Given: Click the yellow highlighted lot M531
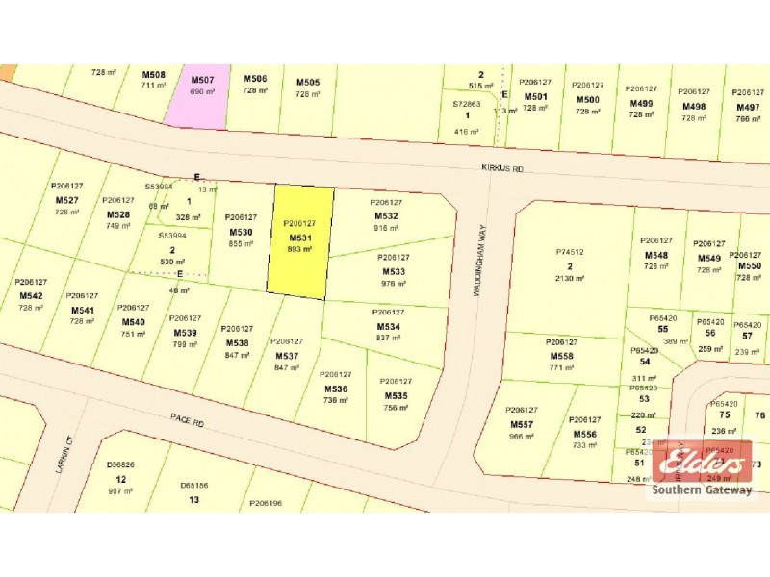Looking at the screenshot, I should [x=300, y=240].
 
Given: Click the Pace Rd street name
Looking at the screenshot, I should [x=188, y=420].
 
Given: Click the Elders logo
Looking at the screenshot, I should [x=704, y=466].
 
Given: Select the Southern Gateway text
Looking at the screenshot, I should [x=704, y=490].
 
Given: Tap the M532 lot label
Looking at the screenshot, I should [x=386, y=216].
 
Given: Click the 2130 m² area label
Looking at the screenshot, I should [x=570, y=278].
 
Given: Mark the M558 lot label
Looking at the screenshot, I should [x=562, y=356].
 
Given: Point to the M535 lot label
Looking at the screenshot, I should [x=396, y=395].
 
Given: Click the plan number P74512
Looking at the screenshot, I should [x=570, y=252].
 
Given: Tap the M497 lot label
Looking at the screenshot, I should [x=747, y=108].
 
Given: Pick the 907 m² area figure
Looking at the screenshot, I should [x=121, y=492].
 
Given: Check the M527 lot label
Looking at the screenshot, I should [x=67, y=200].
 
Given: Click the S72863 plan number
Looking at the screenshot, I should [x=467, y=103].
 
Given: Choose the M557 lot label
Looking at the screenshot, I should [x=522, y=424].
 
